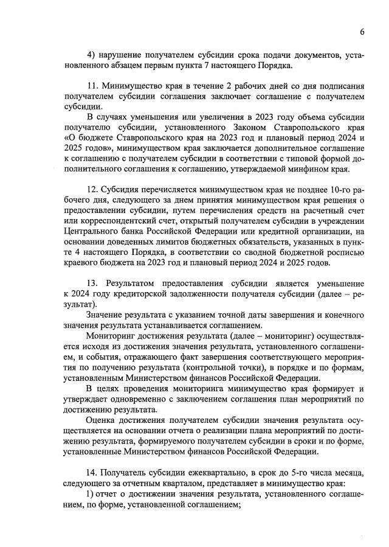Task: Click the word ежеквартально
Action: pyautogui.click(x=206, y=473)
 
